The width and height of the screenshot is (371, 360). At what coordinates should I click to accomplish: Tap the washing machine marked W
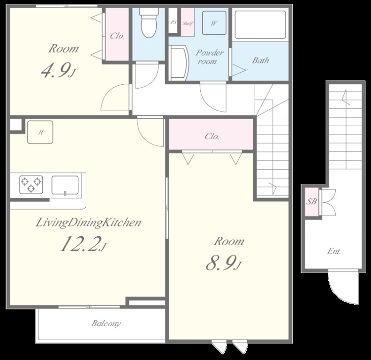coord(214,23)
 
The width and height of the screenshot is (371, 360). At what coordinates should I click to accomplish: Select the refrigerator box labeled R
coord(40,132)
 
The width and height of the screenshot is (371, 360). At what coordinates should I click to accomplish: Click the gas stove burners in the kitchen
coord(31,185)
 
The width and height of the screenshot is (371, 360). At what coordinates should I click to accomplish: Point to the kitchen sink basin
coord(65,185)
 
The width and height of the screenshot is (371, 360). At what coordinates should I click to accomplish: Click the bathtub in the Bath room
coord(260,24)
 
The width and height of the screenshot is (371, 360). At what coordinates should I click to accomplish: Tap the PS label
coord(174,22)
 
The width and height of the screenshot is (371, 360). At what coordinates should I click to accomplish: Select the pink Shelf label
coord(188,23)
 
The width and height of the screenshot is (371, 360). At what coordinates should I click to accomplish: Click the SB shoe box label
coord(311,202)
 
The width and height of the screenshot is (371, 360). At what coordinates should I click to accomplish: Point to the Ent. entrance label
coord(334,251)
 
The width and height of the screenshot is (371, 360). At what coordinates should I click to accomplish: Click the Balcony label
coord(106,323)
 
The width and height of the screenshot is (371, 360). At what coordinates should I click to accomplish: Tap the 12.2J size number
coord(83,244)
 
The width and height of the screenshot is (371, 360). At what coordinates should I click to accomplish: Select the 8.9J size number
coord(224,263)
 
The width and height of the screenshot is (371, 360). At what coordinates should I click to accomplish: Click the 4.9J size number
coord(58,70)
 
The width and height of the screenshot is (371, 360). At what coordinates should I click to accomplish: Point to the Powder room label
coord(209,57)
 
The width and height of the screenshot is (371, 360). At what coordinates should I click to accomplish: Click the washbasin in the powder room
coord(179,63)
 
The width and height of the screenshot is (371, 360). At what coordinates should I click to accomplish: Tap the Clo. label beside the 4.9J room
coord(117,36)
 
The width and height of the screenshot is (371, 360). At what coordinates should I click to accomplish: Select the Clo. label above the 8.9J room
coord(212,136)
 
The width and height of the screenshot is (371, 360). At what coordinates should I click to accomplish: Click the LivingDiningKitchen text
coord(88,223)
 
